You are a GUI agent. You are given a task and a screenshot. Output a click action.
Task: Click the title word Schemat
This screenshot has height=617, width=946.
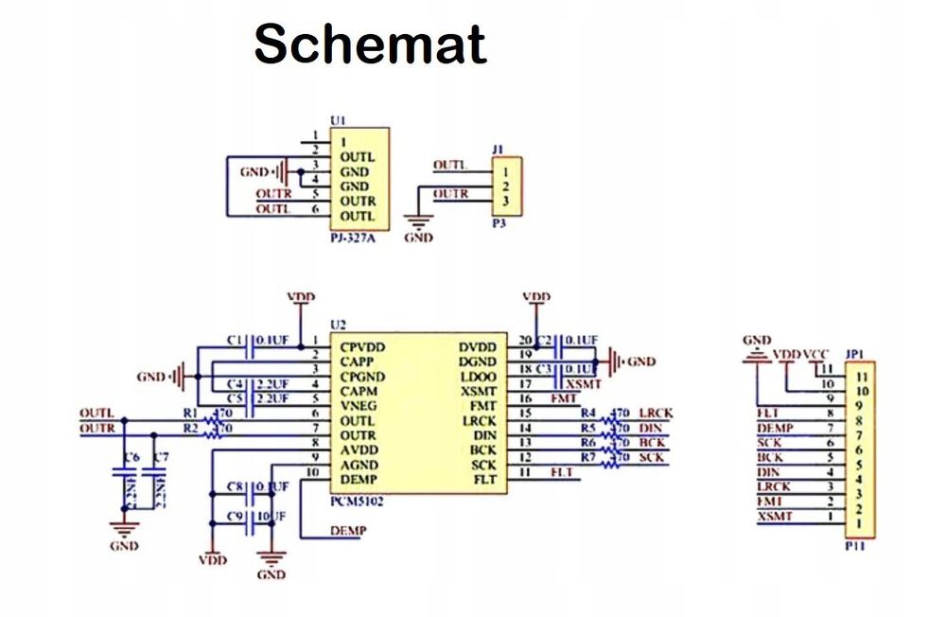click(x=370, y=44)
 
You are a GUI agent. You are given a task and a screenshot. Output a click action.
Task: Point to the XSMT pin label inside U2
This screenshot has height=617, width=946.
click(x=479, y=391)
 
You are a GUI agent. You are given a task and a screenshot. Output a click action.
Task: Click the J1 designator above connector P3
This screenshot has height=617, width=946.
click(x=499, y=150)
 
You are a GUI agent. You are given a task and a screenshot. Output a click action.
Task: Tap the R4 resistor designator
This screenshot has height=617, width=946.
click(x=588, y=414)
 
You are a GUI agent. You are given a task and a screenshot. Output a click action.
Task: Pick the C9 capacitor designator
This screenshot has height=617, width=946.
click(x=236, y=516)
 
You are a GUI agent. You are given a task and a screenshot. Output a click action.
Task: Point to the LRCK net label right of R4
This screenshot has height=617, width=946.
click(x=655, y=414)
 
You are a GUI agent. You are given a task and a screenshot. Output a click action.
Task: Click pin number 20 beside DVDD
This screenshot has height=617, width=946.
click(x=525, y=341)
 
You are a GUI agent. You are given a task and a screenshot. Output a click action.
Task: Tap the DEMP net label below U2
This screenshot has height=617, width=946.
click(x=348, y=531)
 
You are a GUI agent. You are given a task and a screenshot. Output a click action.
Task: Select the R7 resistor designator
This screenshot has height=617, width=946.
click(x=588, y=458)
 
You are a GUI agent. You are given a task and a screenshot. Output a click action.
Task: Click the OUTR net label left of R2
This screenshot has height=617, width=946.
click(x=96, y=429)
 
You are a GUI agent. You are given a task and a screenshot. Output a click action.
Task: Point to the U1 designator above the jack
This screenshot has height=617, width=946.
click(x=338, y=120)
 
